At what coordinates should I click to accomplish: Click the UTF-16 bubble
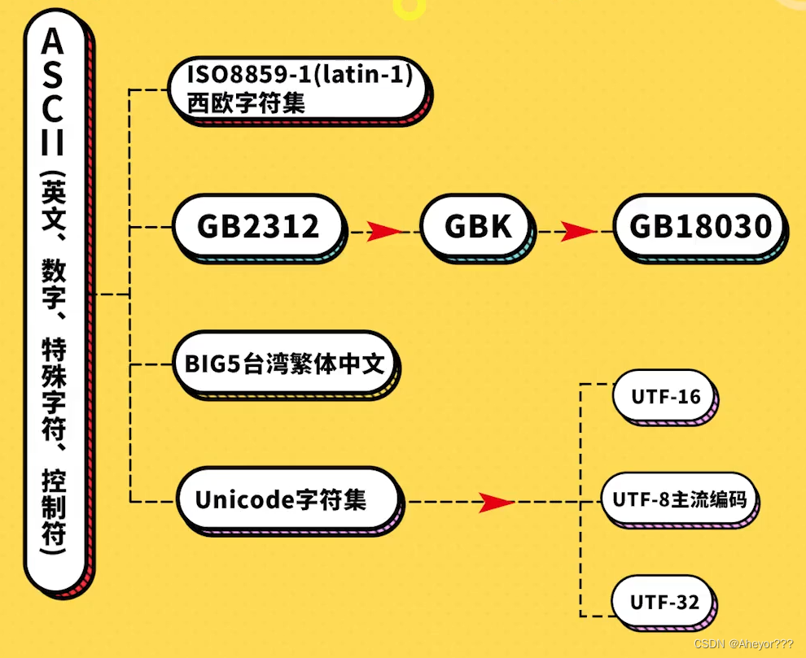[x=665, y=397]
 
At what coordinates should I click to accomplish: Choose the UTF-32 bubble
[x=665, y=603]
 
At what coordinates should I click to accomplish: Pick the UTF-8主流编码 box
[x=679, y=498]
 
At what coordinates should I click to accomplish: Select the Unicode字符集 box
[x=281, y=499]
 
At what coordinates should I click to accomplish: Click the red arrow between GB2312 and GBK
[x=384, y=232]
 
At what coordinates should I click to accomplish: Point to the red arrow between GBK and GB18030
[x=579, y=232]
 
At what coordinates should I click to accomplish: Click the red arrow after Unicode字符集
[x=495, y=503]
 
